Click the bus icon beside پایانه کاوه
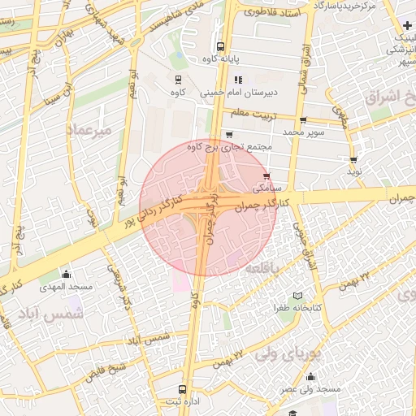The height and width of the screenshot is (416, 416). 220,46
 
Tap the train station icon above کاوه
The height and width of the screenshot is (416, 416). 178,79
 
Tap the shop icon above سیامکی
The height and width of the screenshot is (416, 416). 266,175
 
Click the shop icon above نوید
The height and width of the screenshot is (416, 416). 353,159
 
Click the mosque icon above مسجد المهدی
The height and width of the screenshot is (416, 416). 66,274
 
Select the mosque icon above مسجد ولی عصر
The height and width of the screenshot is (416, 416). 310,376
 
